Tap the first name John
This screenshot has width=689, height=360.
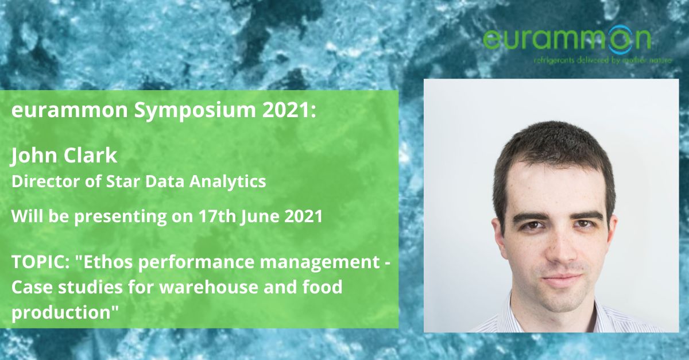tap(34, 156)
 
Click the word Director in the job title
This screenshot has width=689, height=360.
tap(46, 181)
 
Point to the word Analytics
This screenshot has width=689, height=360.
tap(227, 182)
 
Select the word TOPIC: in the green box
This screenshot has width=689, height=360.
tap(40, 262)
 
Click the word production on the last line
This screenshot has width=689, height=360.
tap(61, 312)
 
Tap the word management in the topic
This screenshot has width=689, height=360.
tap(320, 262)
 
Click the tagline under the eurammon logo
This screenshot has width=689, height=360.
tap(603, 61)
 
